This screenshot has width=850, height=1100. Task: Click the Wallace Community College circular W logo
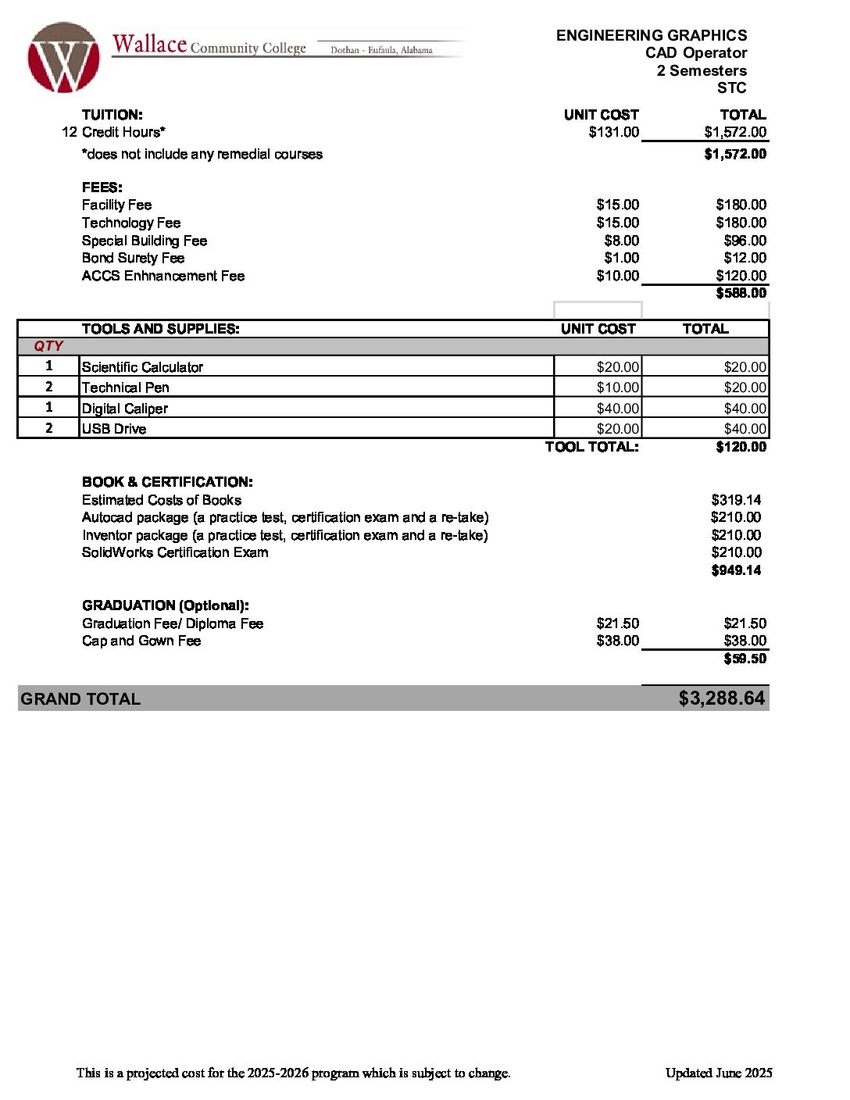[63, 58]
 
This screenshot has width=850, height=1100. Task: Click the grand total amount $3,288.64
[721, 698]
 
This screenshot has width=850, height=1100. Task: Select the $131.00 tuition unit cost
[614, 132]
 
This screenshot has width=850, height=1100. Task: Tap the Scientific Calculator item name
[142, 367]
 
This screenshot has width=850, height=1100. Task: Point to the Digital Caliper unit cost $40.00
[617, 409]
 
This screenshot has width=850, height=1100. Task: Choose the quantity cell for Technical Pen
[48, 387]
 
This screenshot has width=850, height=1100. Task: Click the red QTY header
[48, 346]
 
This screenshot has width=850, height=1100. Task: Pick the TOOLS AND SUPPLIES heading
[160, 329]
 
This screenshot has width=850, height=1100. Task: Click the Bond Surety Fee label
[133, 258]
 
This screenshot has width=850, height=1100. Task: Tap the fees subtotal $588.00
[741, 293]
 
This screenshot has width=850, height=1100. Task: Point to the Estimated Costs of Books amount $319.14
[736, 500]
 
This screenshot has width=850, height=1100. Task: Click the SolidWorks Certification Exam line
[175, 552]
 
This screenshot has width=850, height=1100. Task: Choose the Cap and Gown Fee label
[141, 641]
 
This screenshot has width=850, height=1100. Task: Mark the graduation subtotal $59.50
[745, 659]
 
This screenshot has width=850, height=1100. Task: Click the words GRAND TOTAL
[80, 699]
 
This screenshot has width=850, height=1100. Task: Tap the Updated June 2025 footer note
[719, 1073]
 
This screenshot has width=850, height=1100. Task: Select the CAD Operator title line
[695, 53]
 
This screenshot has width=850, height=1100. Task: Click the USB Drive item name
[114, 429]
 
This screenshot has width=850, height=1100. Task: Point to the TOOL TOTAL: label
[591, 447]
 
